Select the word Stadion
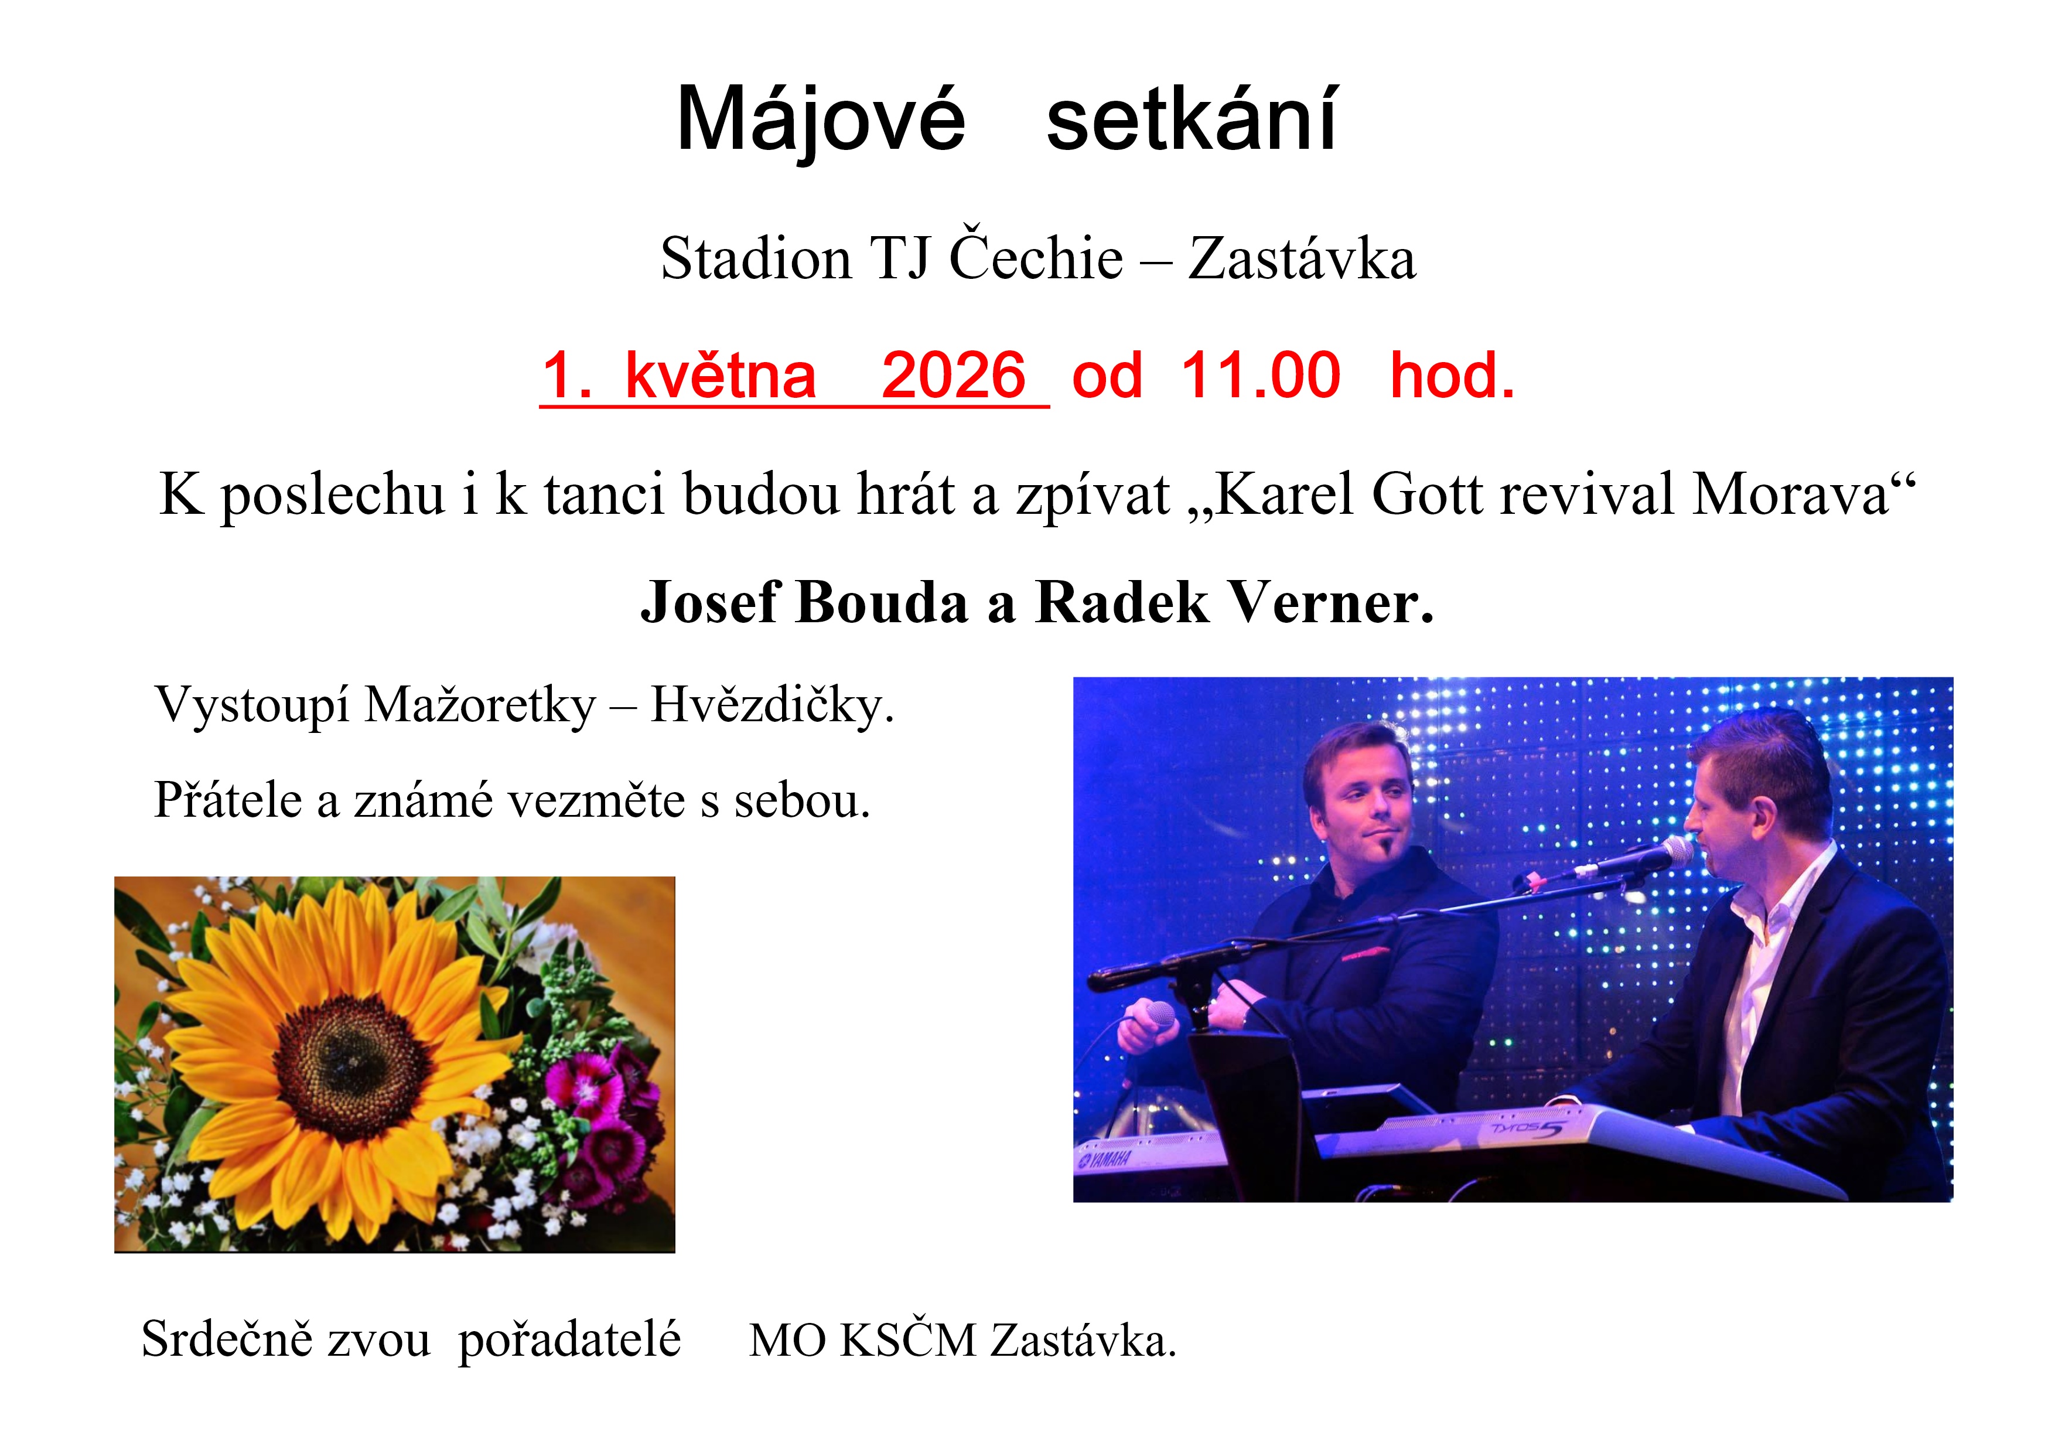(756, 260)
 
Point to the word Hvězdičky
(772, 705)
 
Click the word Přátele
(228, 800)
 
